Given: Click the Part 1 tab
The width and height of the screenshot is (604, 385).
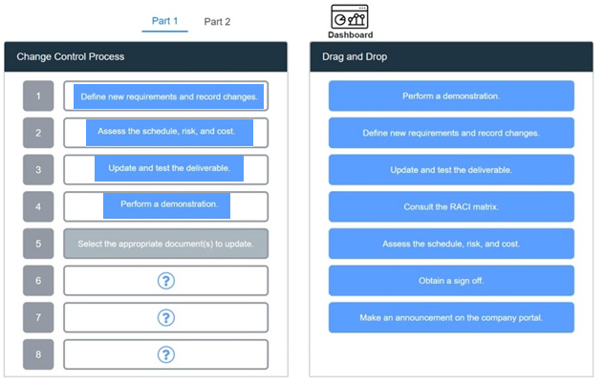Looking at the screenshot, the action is pyautogui.click(x=165, y=21).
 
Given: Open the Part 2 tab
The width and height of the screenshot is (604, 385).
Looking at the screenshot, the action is pyautogui.click(x=217, y=22).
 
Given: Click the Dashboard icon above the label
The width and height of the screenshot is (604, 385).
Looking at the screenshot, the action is pyautogui.click(x=350, y=16).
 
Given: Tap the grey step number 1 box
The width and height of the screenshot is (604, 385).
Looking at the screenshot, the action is pyautogui.click(x=38, y=96).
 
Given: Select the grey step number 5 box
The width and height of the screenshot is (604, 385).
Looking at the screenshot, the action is pyautogui.click(x=38, y=244).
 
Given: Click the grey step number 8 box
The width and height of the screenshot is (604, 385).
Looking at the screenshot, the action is pyautogui.click(x=38, y=354).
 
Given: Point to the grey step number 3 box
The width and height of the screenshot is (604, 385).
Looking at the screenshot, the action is pyautogui.click(x=38, y=170).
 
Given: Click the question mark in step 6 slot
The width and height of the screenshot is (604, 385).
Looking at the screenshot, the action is pyautogui.click(x=166, y=281).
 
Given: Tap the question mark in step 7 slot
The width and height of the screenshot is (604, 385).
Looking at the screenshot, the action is pyautogui.click(x=166, y=317).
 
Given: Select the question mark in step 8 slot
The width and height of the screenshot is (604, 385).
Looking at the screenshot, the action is pyautogui.click(x=166, y=354).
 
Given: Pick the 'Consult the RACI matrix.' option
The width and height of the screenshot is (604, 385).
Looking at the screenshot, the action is pyautogui.click(x=451, y=206).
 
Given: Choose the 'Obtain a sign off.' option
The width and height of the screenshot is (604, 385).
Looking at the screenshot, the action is pyautogui.click(x=451, y=281).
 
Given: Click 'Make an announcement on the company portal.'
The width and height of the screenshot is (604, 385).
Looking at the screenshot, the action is pyautogui.click(x=451, y=317).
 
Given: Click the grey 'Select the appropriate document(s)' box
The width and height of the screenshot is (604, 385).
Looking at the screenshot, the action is pyautogui.click(x=165, y=244).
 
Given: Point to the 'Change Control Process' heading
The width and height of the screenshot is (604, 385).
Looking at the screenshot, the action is pyautogui.click(x=71, y=56).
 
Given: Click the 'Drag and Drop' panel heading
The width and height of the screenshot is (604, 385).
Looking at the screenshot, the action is pyautogui.click(x=355, y=56).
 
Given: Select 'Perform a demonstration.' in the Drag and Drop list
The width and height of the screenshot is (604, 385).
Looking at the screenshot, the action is pyautogui.click(x=451, y=96).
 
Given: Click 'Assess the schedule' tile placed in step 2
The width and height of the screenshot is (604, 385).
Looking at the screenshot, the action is pyautogui.click(x=169, y=133).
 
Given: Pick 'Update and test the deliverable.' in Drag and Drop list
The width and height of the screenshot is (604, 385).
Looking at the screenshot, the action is pyautogui.click(x=451, y=170).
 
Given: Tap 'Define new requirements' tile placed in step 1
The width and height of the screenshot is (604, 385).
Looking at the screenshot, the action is pyautogui.click(x=169, y=96).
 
